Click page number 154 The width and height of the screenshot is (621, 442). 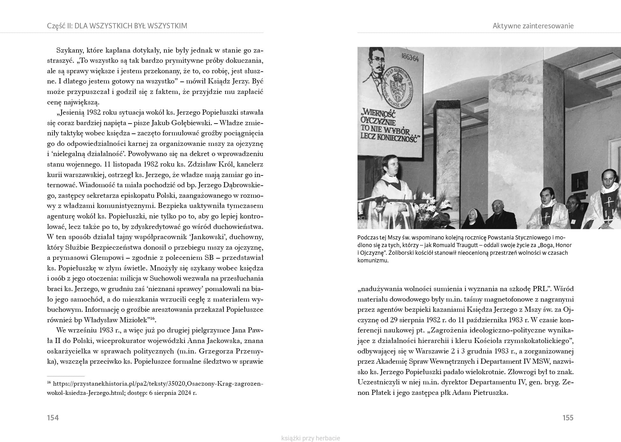53,418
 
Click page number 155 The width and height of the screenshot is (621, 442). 568,418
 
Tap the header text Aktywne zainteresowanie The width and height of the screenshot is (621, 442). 533,26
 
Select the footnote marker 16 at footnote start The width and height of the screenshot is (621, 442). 49,382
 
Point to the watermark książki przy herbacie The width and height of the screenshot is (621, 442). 311,438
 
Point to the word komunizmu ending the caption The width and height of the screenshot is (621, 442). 373,260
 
